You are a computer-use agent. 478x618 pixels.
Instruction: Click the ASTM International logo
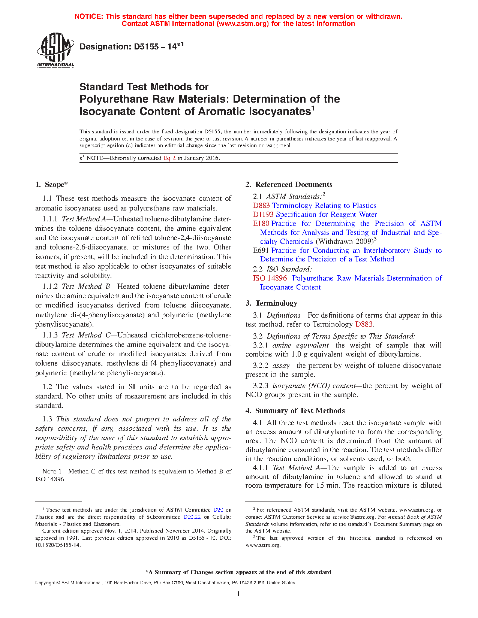click(55, 50)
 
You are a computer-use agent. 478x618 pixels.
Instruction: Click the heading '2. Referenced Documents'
click(289, 184)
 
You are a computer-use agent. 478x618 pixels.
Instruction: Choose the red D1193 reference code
click(263, 214)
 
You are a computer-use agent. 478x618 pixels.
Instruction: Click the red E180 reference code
click(261, 223)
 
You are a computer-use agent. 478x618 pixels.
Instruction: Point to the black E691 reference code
click(261, 250)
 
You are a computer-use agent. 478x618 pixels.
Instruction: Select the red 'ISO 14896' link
click(270, 278)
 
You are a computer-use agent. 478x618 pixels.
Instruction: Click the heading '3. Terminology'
click(271, 303)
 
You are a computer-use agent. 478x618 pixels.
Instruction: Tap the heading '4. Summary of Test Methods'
click(295, 411)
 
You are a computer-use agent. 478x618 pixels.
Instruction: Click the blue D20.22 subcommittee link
click(192, 517)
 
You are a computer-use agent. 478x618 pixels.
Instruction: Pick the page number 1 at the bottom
click(238, 593)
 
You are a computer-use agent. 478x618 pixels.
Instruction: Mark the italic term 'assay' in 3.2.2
click(280, 365)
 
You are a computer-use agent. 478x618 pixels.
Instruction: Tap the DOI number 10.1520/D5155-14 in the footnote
click(58, 545)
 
